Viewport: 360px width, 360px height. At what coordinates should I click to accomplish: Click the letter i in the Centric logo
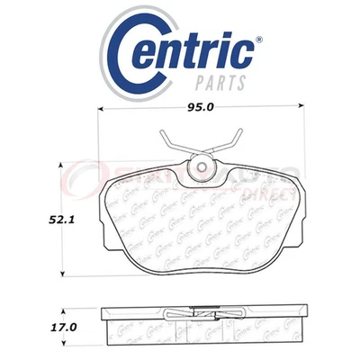(x=229, y=51)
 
